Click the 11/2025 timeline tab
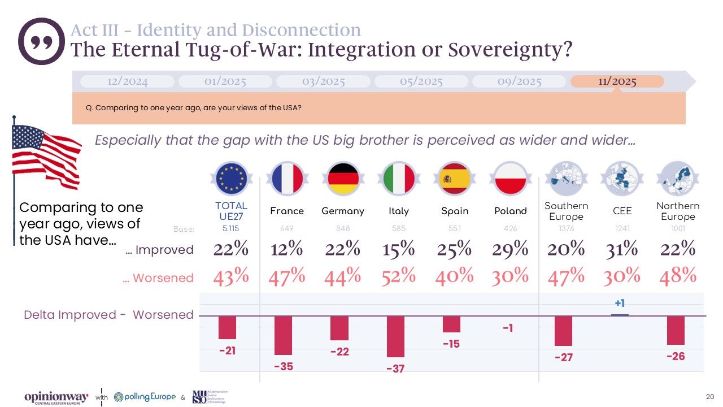617,81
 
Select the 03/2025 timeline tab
323,81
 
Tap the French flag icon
288,178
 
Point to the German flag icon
343,178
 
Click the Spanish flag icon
455,178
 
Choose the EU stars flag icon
231,178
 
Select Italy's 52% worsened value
399,276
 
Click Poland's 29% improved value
510,249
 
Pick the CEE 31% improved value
622,249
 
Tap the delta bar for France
283,335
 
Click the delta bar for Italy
395,336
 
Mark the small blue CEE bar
620,314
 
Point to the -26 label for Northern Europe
676,357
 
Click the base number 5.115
231,229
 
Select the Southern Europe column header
566,211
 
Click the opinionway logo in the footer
56,397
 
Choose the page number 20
710,396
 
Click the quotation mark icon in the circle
41,41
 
